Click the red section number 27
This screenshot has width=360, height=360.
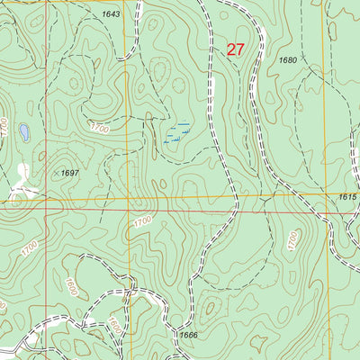pyautogui.click(x=235, y=50)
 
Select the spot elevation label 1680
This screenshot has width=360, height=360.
pyautogui.click(x=288, y=60)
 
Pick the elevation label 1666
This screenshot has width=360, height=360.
pyautogui.click(x=188, y=335)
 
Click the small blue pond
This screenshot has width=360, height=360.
pyautogui.click(x=24, y=133)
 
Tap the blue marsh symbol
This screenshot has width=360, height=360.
pyautogui.click(x=175, y=135)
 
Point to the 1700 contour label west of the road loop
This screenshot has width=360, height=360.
pyautogui.click(x=30, y=245)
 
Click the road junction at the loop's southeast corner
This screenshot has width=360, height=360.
pyautogui.click(x=132, y=290)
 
